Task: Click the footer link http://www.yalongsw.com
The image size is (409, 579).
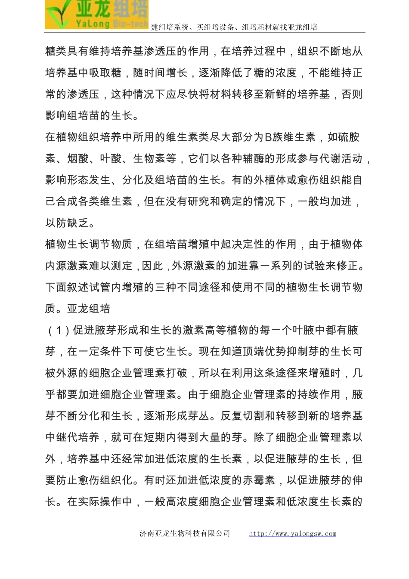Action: pos(293,533)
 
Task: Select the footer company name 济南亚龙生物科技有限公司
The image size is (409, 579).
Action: pos(185,533)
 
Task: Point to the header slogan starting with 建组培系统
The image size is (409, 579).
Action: pos(234,27)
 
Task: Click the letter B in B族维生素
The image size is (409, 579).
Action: pos(268,137)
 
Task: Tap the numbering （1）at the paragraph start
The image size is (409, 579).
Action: pos(59,330)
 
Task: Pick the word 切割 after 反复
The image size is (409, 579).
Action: pos(253,416)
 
